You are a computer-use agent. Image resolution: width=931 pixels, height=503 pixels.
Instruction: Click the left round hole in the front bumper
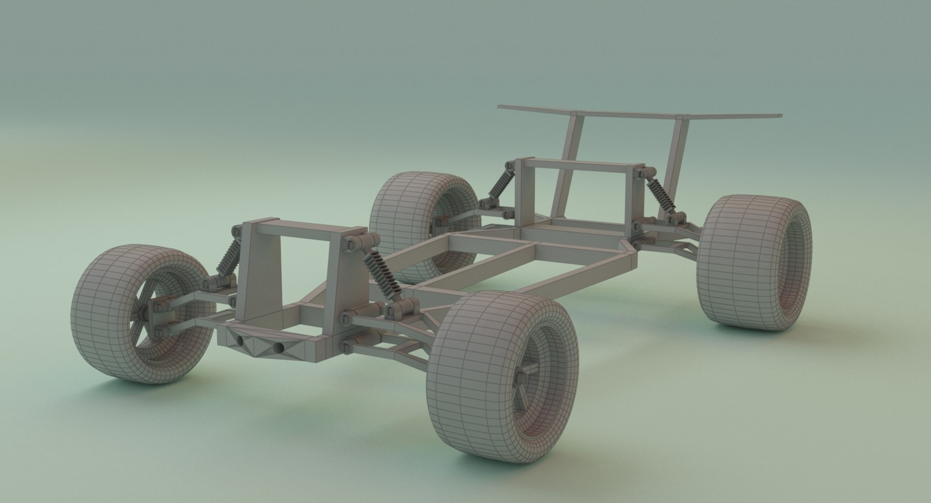tap(241, 341)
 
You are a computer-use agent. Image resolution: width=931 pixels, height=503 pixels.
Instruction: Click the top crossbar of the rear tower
tap(577, 165)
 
